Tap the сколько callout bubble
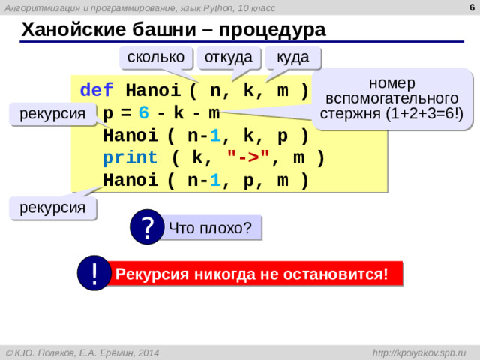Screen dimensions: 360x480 tap(156, 58)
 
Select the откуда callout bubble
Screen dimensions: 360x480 tap(228, 58)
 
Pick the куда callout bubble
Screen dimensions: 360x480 tap(292, 58)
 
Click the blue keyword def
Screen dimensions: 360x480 tap(97, 91)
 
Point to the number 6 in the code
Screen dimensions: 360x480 tap(143, 114)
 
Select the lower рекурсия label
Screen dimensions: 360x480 tap(52, 207)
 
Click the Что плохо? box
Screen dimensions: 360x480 tap(210, 228)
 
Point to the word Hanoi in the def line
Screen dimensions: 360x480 tap(153, 91)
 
